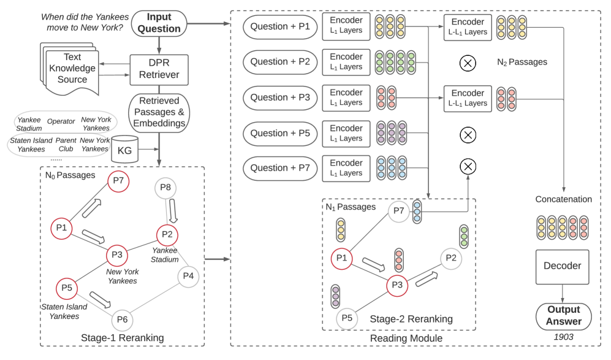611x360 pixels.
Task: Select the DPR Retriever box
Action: tap(159, 69)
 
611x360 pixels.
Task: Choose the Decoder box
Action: tap(562, 266)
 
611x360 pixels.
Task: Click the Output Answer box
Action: tap(562, 315)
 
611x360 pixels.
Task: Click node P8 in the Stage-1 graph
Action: tap(164, 187)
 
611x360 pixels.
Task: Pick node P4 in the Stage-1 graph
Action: tap(188, 276)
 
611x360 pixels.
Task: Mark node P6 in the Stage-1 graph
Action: tap(122, 319)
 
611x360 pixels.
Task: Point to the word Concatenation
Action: tap(563, 199)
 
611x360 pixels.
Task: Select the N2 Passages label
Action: tap(522, 63)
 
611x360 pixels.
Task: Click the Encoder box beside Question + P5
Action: tap(346, 133)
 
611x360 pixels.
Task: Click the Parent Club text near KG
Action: tap(66, 144)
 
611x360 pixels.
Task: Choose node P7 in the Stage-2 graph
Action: tap(398, 212)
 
